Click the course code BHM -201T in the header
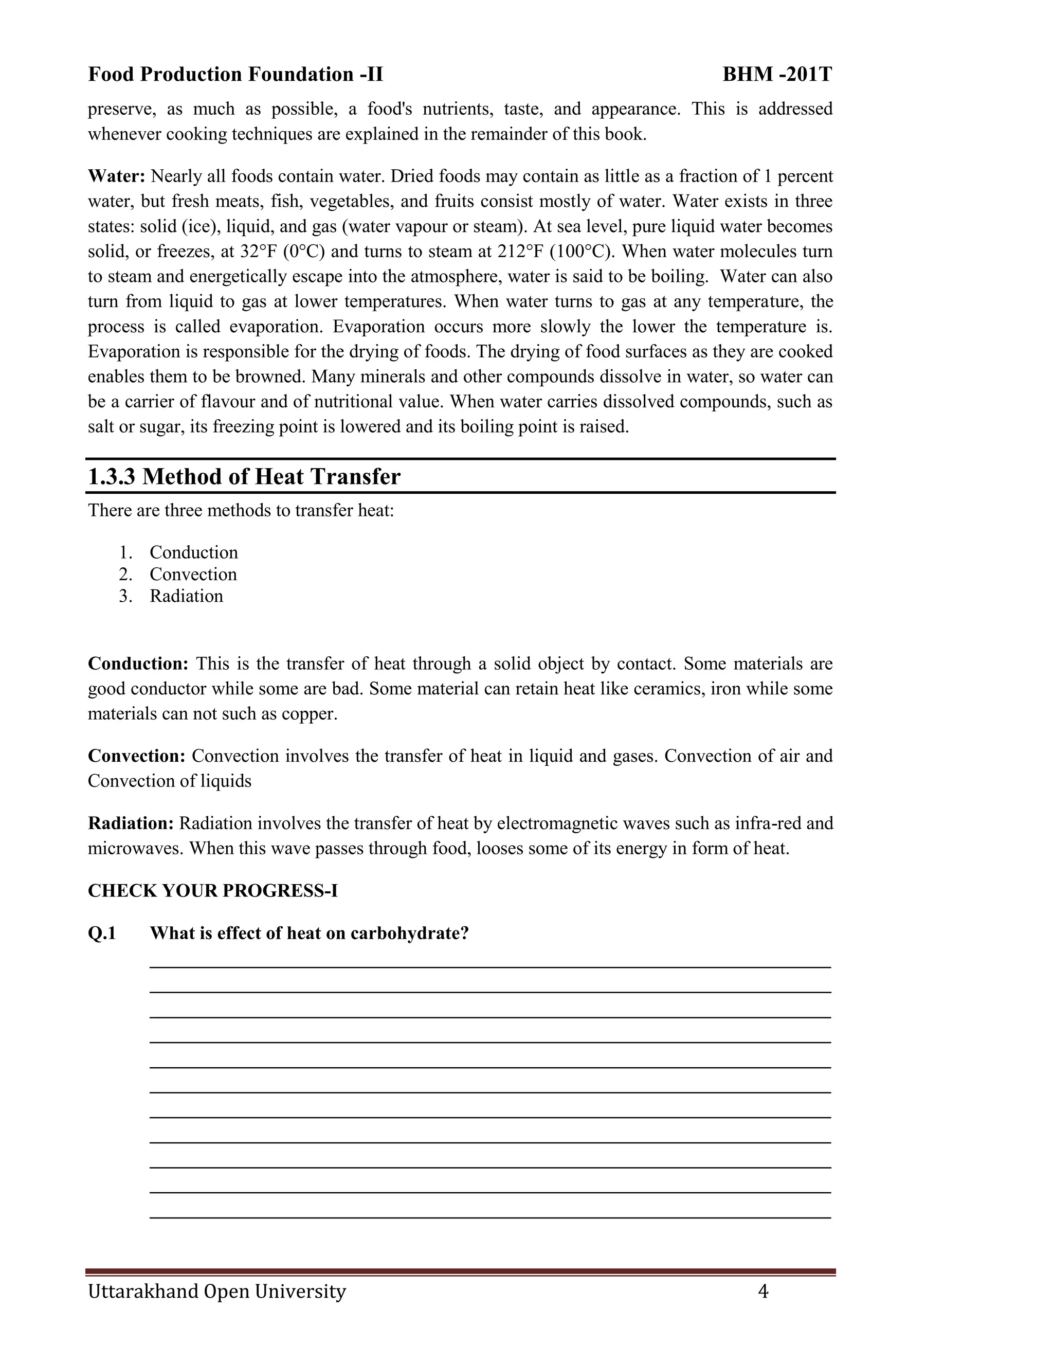(777, 74)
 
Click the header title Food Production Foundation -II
(235, 74)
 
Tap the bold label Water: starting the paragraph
(116, 176)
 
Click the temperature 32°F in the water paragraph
(258, 252)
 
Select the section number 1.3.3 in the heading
(112, 477)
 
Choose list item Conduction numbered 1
(193, 552)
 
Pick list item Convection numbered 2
(193, 574)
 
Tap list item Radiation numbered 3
(186, 596)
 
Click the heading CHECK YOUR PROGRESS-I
(213, 890)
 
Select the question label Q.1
(102, 933)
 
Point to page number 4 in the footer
(763, 1291)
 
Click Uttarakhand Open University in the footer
(216, 1291)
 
